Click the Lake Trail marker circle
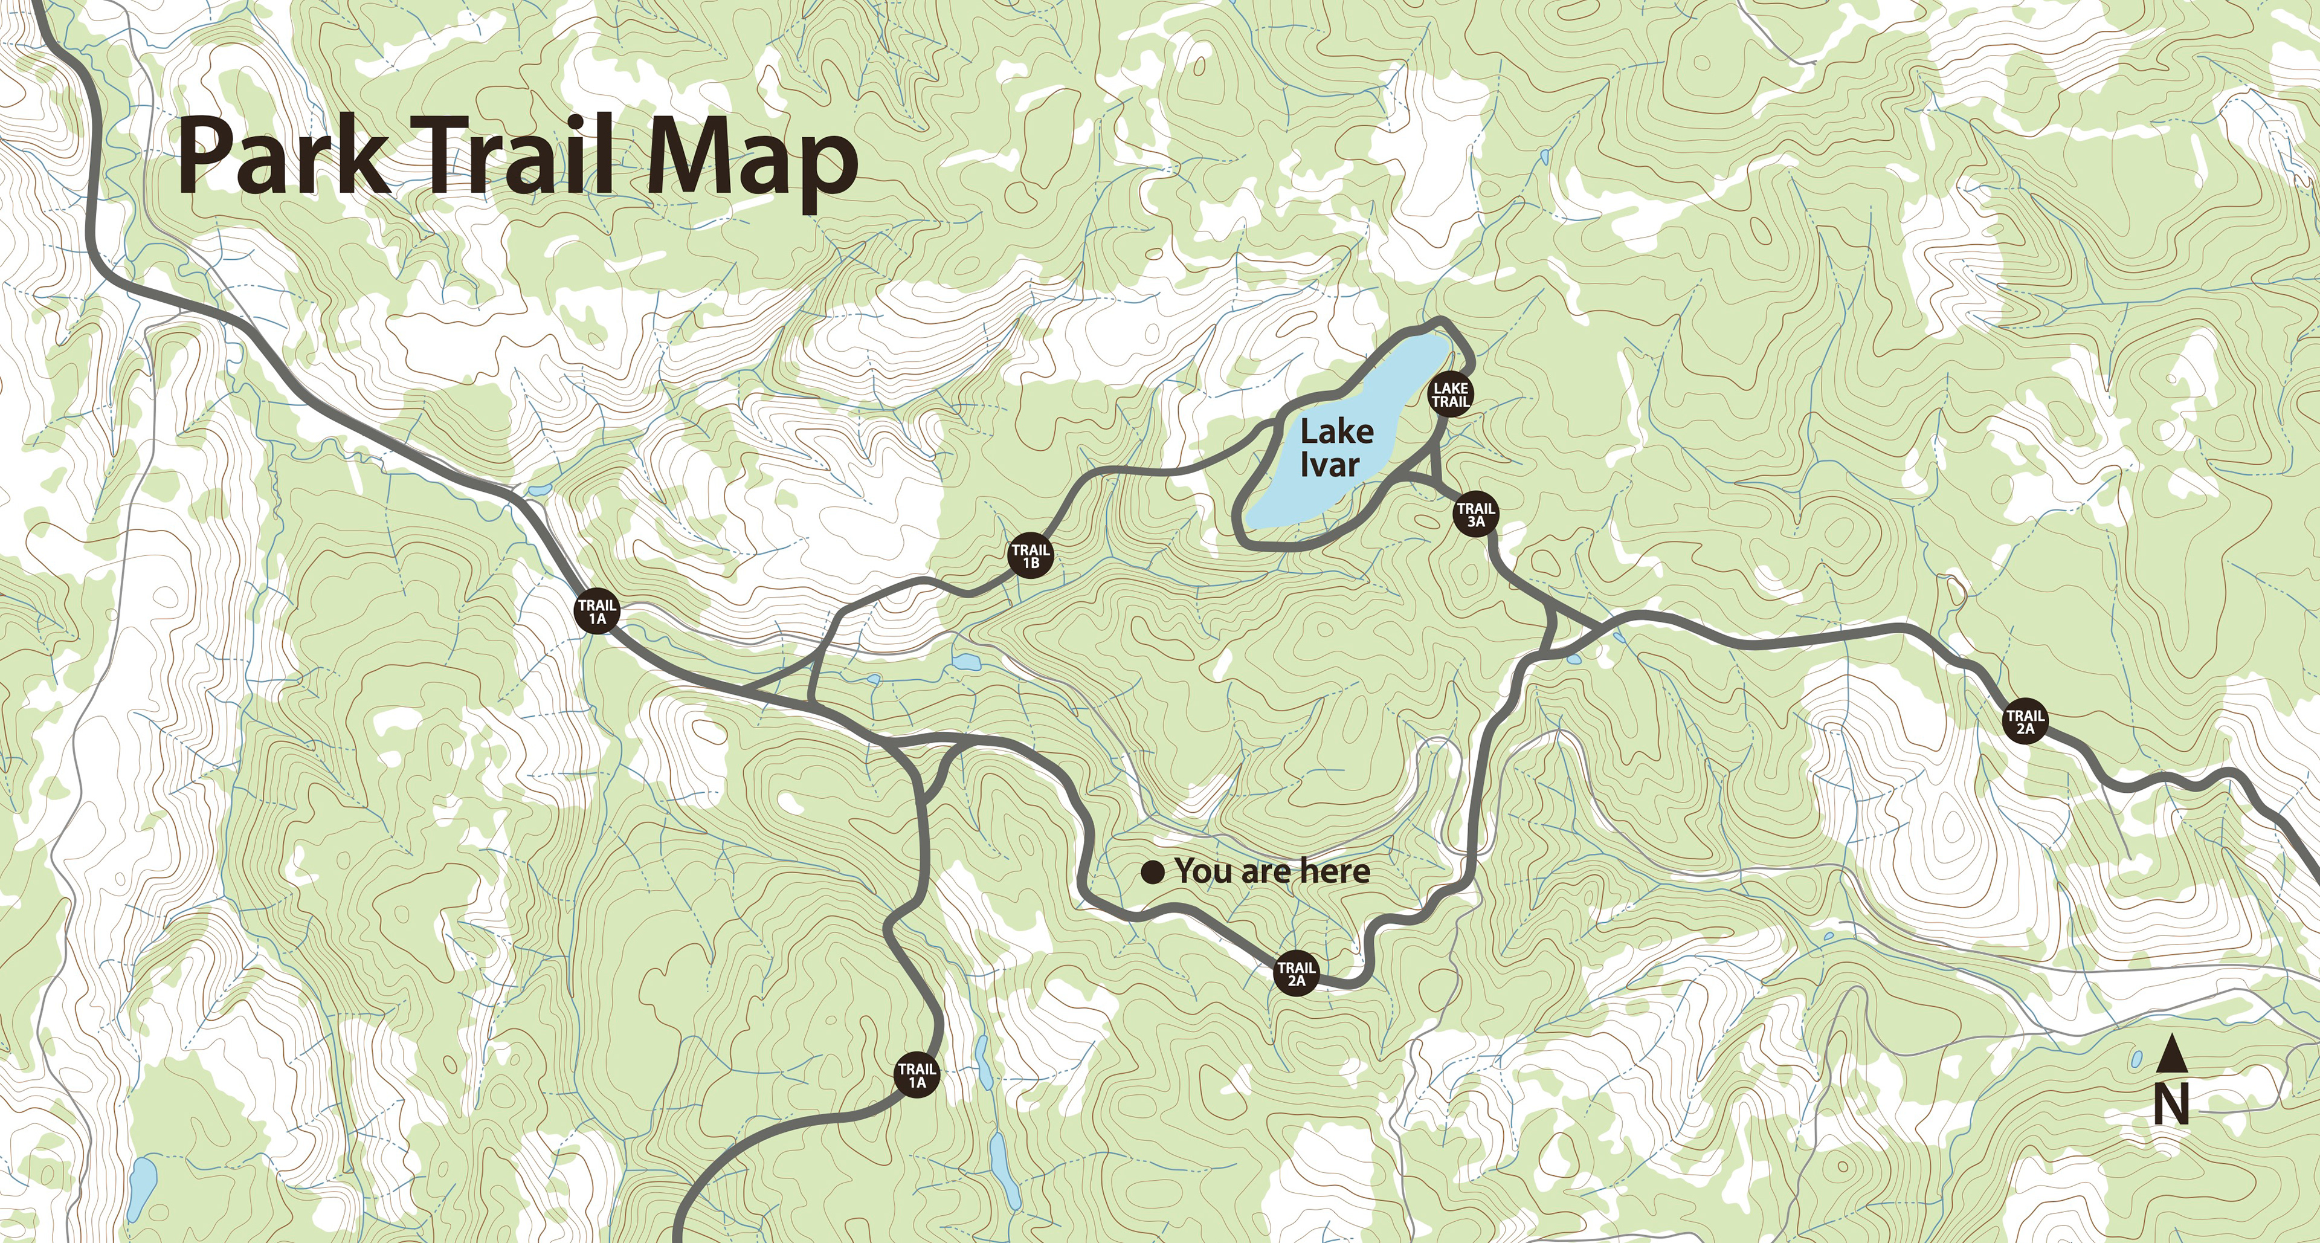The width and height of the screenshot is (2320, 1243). point(1450,395)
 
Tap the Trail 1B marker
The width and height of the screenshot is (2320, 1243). point(1030,557)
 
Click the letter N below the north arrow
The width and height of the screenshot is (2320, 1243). point(2171,1104)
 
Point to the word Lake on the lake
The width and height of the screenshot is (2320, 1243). point(1336,431)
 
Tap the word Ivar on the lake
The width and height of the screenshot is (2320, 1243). point(1329,465)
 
